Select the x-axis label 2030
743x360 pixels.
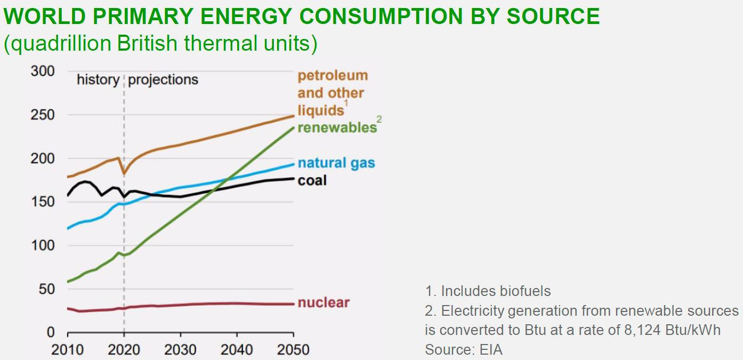pyautogui.click(x=181, y=350)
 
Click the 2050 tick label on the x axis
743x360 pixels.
pyautogui.click(x=293, y=350)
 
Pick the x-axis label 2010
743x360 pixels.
pyautogui.click(x=68, y=350)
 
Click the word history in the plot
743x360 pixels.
pyautogui.click(x=98, y=80)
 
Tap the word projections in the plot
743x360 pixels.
pyautogui.click(x=163, y=80)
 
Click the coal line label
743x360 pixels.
pyautogui.click(x=312, y=181)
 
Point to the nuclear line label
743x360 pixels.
pyautogui.click(x=324, y=303)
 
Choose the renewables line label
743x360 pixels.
pyautogui.click(x=337, y=128)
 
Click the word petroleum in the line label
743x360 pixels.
pyautogui.click(x=333, y=76)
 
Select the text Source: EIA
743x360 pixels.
pyautogui.click(x=464, y=350)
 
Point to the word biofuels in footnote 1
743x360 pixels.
pyautogui.click(x=525, y=291)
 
